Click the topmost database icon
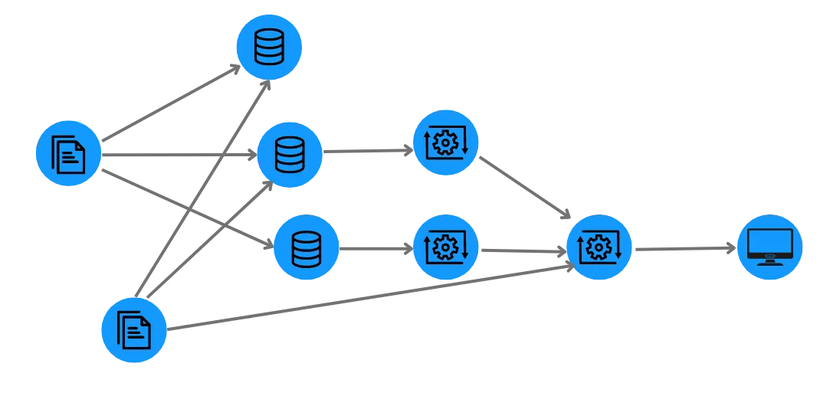pyautogui.click(x=268, y=48)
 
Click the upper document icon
pyautogui.click(x=68, y=153)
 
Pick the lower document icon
pyautogui.click(x=133, y=330)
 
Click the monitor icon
pyautogui.click(x=769, y=247)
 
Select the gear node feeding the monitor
pyautogui.click(x=599, y=247)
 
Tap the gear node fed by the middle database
pyautogui.click(x=445, y=142)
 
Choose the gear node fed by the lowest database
pyautogui.click(x=445, y=247)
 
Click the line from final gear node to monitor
pyautogui.click(x=682, y=247)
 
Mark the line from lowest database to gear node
pyautogui.click(x=376, y=247)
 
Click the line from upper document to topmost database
pyautogui.click(x=169, y=105)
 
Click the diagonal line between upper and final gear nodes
pyautogui.click(x=521, y=191)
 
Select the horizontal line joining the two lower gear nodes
pyautogui.click(x=521, y=250)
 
